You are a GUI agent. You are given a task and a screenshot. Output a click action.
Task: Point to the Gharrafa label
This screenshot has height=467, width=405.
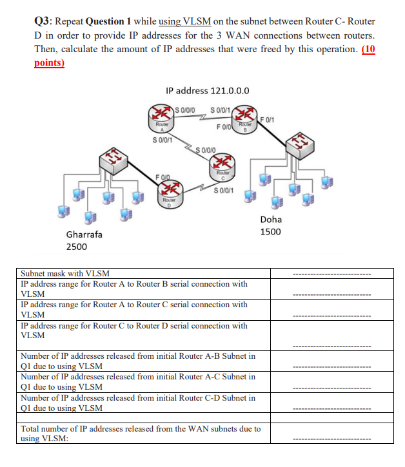tap(84, 234)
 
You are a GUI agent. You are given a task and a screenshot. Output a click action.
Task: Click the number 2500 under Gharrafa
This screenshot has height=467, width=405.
tap(77, 247)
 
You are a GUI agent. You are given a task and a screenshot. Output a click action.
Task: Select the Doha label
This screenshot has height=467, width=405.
tap(270, 219)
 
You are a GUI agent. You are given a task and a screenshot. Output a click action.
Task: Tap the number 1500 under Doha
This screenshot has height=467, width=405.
tap(270, 231)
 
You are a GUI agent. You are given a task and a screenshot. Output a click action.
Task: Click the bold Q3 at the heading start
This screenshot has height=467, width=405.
tap(43, 21)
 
